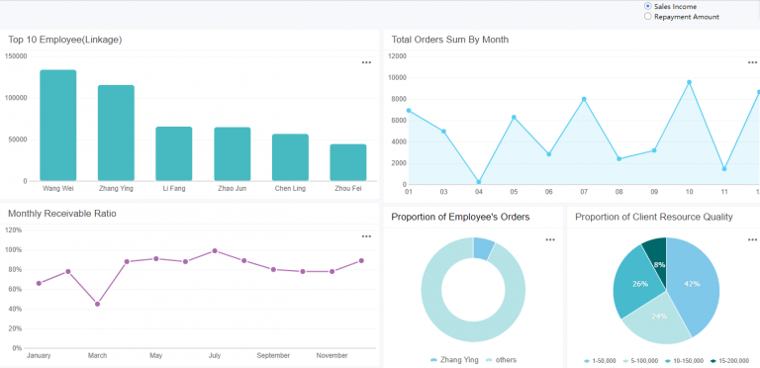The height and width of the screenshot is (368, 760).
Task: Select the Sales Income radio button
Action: coord(647,6)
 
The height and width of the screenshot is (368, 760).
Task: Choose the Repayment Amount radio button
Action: coord(647,17)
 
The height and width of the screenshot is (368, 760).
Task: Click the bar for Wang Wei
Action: coord(58,126)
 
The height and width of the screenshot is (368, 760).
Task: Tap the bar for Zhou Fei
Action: coord(348,162)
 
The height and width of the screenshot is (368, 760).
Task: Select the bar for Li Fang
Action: coord(174,153)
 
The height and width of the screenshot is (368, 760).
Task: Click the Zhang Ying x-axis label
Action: coord(117,188)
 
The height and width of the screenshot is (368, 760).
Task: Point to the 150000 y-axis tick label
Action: coord(16,56)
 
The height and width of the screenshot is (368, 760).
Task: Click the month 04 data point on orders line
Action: coord(479,182)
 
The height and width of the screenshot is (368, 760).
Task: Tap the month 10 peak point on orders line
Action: coord(689,82)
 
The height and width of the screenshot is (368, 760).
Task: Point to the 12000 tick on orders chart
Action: coord(396,56)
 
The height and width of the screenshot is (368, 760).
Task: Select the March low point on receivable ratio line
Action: coord(97,304)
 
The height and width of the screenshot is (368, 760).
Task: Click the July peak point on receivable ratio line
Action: coord(215,250)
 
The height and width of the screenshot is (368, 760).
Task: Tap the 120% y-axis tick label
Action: coord(14,230)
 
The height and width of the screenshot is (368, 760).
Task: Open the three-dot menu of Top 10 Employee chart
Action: coord(366,62)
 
